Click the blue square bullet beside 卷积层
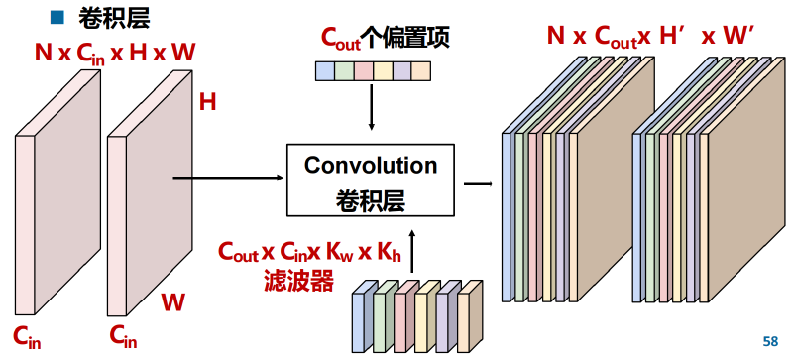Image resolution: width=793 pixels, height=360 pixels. click(57, 18)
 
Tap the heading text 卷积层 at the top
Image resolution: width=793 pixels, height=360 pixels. click(114, 18)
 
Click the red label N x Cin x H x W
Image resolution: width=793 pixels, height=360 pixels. click(115, 53)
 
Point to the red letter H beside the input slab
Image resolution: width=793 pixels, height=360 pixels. click(207, 103)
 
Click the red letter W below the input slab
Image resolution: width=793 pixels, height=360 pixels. click(173, 302)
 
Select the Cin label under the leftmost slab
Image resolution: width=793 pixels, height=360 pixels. click(27, 337)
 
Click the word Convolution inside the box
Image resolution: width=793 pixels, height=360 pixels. click(371, 166)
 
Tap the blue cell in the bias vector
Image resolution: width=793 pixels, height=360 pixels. click(325, 71)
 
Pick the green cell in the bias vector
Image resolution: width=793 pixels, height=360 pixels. click(344, 71)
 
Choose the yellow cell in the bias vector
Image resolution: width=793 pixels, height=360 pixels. click(383, 71)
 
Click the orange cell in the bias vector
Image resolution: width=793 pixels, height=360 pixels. click(421, 71)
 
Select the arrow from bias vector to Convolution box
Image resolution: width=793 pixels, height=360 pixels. click(372, 107)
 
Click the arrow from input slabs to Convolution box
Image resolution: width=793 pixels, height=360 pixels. click(228, 178)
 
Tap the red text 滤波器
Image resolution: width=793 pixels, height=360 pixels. click(298, 282)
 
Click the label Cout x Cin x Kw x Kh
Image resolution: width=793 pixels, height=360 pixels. click(309, 252)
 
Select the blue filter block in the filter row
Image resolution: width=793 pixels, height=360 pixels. click(362, 316)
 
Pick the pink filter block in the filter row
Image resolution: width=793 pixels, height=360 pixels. click(404, 316)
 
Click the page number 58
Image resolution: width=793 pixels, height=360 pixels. click(770, 342)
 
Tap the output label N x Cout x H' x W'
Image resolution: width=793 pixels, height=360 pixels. click(651, 37)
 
